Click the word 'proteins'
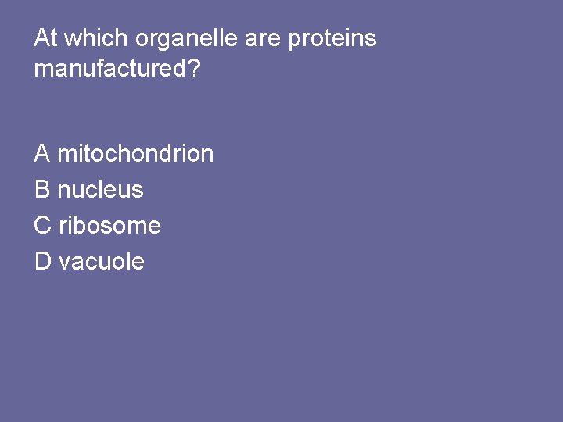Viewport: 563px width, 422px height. (332, 39)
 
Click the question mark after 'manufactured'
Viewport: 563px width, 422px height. (194, 69)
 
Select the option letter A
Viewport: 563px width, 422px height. (42, 153)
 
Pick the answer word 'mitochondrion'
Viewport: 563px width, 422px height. (135, 153)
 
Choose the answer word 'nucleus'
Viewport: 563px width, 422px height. (101, 189)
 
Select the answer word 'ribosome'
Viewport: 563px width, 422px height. (110, 226)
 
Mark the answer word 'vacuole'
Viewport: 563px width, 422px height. (102, 262)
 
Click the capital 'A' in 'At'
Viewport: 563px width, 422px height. (41, 38)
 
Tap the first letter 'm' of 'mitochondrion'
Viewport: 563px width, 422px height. (66, 155)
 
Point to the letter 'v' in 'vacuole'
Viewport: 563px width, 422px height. (63, 263)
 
